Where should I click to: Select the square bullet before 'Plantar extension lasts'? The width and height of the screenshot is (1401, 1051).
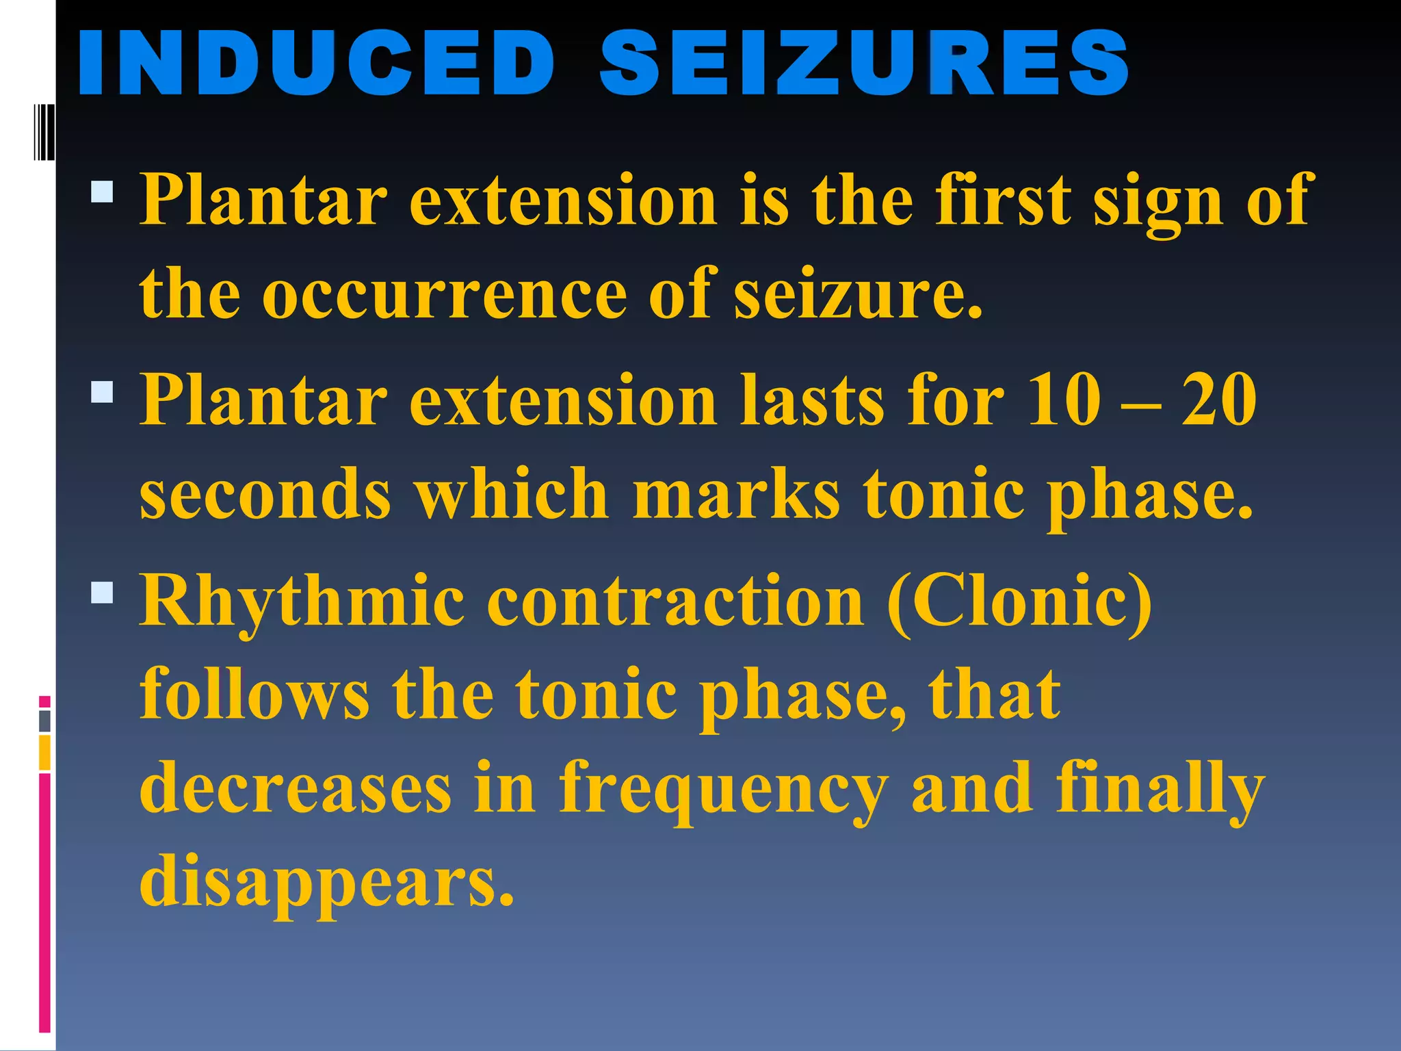click(102, 392)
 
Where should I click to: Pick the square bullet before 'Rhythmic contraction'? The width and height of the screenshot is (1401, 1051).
click(102, 593)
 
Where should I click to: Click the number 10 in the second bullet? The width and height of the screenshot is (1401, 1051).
click(1064, 400)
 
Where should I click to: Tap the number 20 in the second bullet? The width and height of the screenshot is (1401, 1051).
click(1218, 400)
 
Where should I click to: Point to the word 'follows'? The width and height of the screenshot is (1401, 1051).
click(254, 694)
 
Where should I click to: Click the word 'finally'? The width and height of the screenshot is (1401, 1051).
click(1160, 790)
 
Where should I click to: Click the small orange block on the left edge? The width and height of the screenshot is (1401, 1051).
click(44, 753)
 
